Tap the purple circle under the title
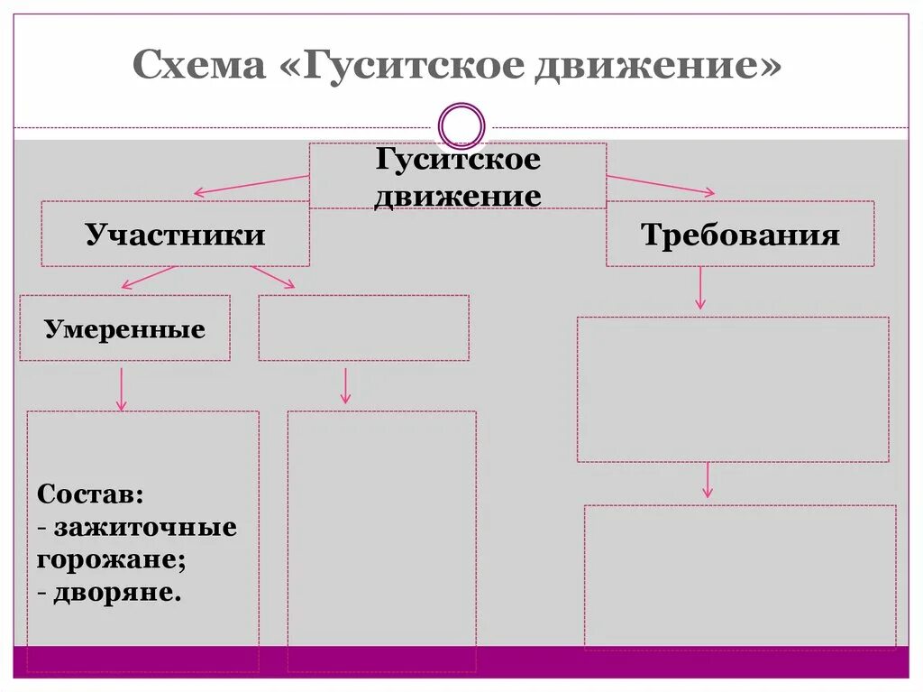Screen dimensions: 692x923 point(461,125)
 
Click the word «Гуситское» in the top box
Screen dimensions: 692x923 point(458,160)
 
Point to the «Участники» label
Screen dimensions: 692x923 point(176,235)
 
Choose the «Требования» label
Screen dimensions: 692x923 point(740,235)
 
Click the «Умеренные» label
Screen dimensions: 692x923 point(124,329)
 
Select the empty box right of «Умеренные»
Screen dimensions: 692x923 point(363,328)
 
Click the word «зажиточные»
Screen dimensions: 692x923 point(144,527)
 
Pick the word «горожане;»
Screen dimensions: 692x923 point(113,559)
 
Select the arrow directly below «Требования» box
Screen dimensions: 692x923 point(700,290)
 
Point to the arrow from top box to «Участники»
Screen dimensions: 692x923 point(251,184)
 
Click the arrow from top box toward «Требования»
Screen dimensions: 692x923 point(661,184)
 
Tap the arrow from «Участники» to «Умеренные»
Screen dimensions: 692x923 point(149,277)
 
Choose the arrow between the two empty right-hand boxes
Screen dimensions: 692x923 point(708,480)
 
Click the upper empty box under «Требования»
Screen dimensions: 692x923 point(733,389)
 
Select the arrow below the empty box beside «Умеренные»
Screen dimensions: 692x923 point(345,385)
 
